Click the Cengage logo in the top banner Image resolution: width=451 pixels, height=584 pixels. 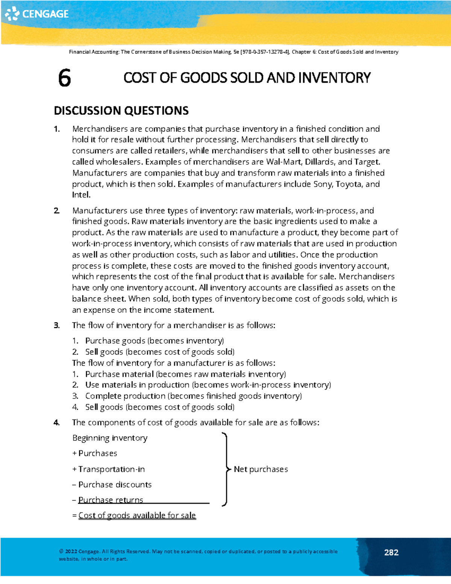tap(37, 14)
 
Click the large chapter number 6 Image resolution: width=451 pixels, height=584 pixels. tap(64, 78)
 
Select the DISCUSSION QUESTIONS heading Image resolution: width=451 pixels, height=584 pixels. tap(121, 111)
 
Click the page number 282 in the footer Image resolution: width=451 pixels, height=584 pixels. tap(391, 552)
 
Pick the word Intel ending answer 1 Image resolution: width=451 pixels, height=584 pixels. tap(80, 195)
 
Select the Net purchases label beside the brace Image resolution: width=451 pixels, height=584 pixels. tap(261, 469)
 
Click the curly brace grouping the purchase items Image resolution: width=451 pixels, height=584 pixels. tap(225, 469)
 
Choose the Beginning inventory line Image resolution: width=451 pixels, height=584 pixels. tap(110, 438)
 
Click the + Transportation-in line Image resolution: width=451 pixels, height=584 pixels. tap(109, 469)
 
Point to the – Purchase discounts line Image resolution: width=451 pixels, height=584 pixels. tap(112, 484)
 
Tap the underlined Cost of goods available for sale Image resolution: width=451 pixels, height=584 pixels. tap(137, 515)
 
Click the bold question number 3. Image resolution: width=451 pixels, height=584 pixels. tap(56, 325)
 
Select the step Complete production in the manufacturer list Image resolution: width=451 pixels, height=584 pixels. tap(125, 396)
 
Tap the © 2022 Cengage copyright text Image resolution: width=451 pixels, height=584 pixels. tap(79, 551)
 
